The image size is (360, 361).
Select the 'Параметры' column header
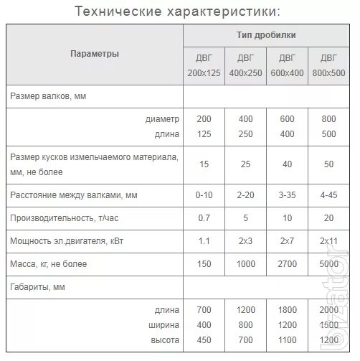point(95,54)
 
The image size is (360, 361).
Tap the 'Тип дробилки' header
point(266,35)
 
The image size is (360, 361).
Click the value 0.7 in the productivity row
point(204,217)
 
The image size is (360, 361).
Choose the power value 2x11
point(329,240)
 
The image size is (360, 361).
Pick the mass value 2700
point(287,263)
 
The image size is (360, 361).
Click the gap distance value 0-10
point(204,194)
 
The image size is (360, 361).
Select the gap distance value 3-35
point(287,194)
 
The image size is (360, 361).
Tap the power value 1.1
point(204,240)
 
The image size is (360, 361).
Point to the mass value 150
point(204,263)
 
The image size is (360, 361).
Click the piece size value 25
point(245,164)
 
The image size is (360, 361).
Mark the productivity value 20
point(329,217)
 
